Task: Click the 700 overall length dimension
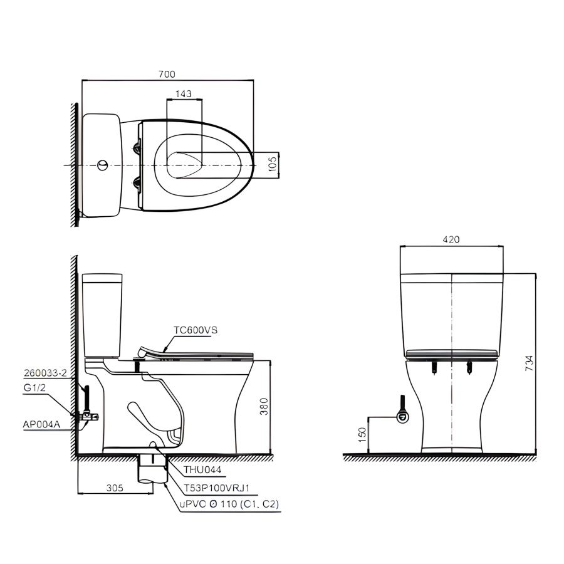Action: coord(167,74)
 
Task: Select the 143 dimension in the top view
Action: coord(184,93)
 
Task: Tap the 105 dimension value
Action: coord(273,164)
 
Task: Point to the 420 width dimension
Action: coord(451,239)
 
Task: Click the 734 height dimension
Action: coord(529,363)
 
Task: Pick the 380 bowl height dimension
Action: coord(264,407)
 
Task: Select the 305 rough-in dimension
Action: coord(115,488)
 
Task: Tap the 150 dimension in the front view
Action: coord(363,434)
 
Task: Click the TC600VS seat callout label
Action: coord(196,330)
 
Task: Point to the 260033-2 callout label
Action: coord(45,373)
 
